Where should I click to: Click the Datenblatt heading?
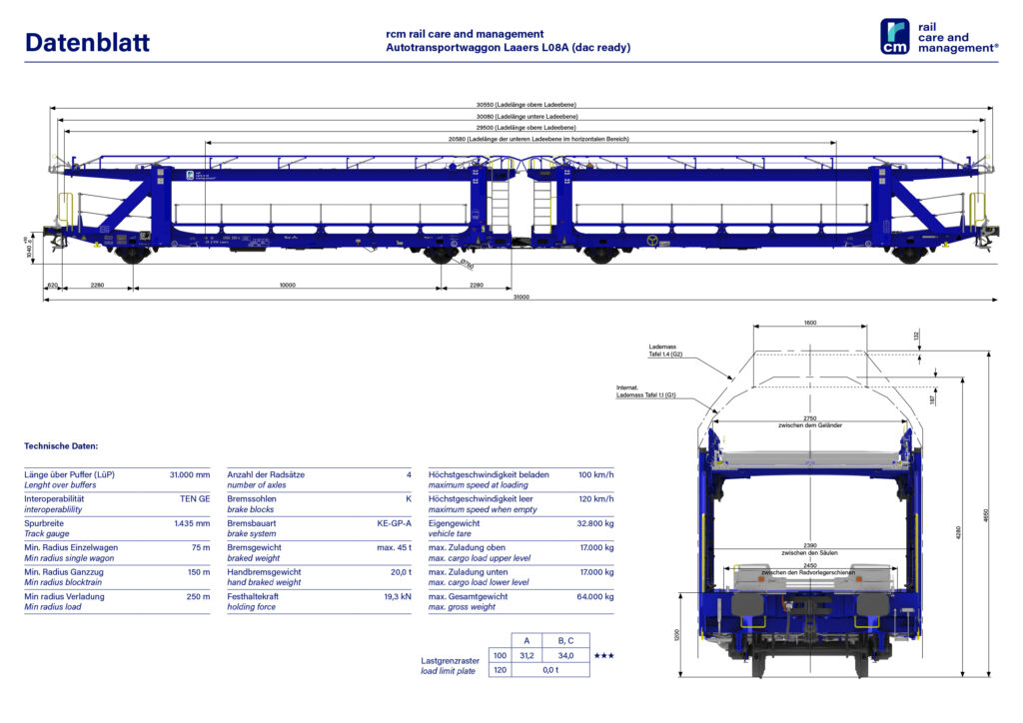(x=87, y=42)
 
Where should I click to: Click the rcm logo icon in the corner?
(x=894, y=37)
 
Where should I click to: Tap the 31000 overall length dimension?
(x=520, y=298)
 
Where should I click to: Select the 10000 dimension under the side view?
(x=288, y=286)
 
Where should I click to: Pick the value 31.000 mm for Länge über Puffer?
(x=190, y=474)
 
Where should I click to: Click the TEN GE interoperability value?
(x=194, y=498)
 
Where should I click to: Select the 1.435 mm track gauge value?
(x=190, y=523)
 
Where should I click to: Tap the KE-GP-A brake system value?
(x=394, y=523)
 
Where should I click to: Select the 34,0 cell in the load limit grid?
(x=564, y=655)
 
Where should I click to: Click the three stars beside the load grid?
(x=604, y=655)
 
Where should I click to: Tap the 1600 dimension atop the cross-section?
(x=809, y=323)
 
